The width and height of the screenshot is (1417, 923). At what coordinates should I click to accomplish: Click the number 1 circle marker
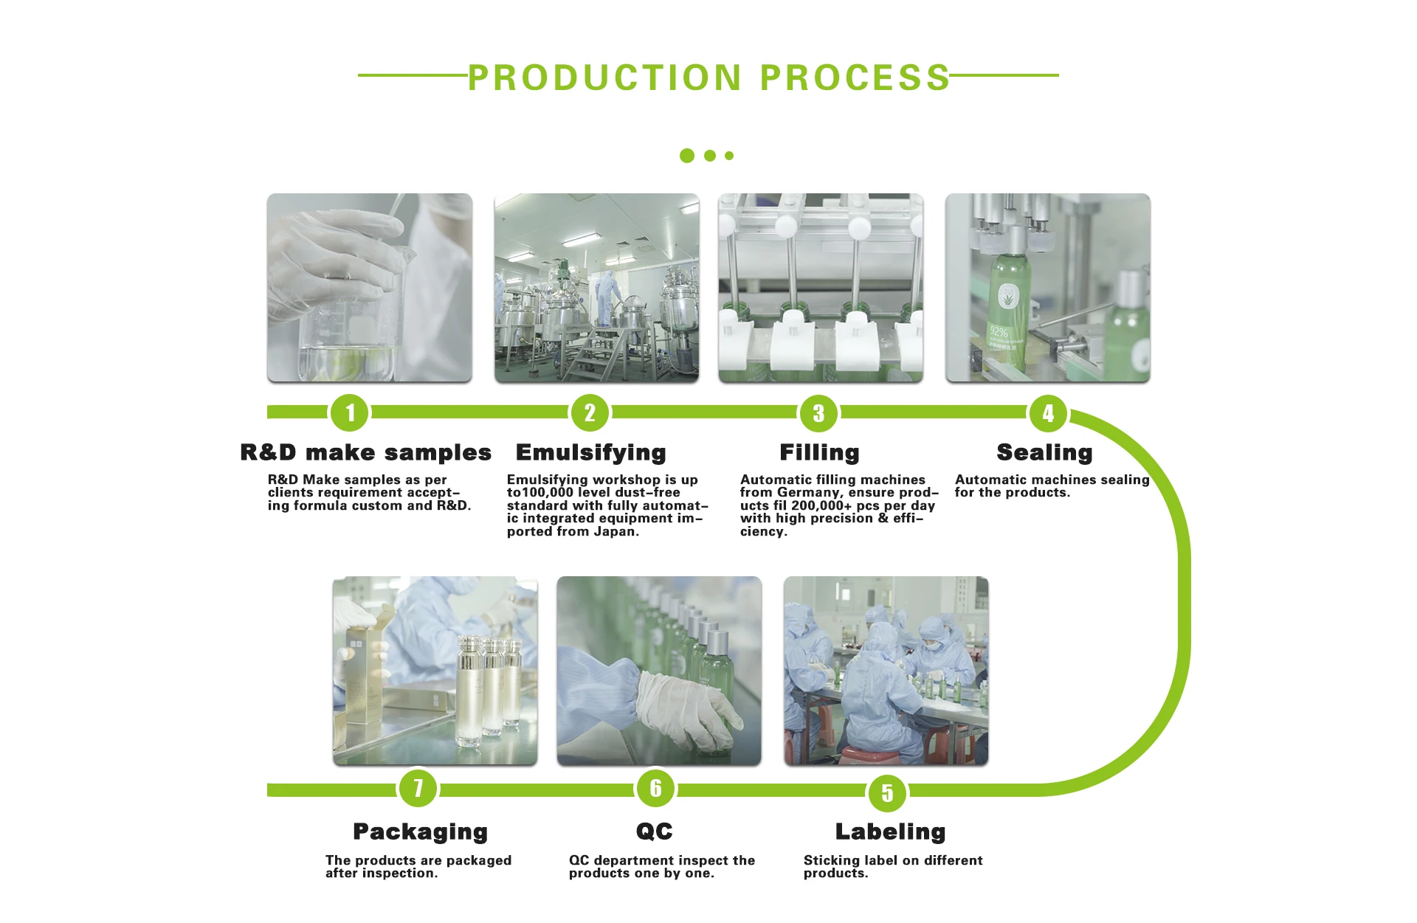(350, 412)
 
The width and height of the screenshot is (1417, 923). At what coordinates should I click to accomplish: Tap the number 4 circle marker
(1048, 412)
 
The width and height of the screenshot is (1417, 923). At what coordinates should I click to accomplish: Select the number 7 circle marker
(418, 788)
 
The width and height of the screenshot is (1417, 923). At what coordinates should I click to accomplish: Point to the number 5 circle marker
(887, 793)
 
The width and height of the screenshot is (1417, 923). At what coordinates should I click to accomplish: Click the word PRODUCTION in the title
(604, 78)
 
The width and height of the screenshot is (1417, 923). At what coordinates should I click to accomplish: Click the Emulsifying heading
(590, 452)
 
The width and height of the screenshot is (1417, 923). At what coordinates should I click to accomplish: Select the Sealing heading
(1044, 452)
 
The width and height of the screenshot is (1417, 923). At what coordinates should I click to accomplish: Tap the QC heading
(655, 832)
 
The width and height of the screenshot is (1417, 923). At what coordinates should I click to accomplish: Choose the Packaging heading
(420, 832)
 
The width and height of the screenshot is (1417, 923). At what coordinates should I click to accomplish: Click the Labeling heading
(890, 832)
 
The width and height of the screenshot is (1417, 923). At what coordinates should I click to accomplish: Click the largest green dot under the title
(687, 156)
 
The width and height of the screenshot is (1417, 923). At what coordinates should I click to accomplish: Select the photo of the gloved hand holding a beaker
(369, 288)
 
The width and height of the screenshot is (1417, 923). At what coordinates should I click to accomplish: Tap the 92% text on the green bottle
(999, 331)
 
